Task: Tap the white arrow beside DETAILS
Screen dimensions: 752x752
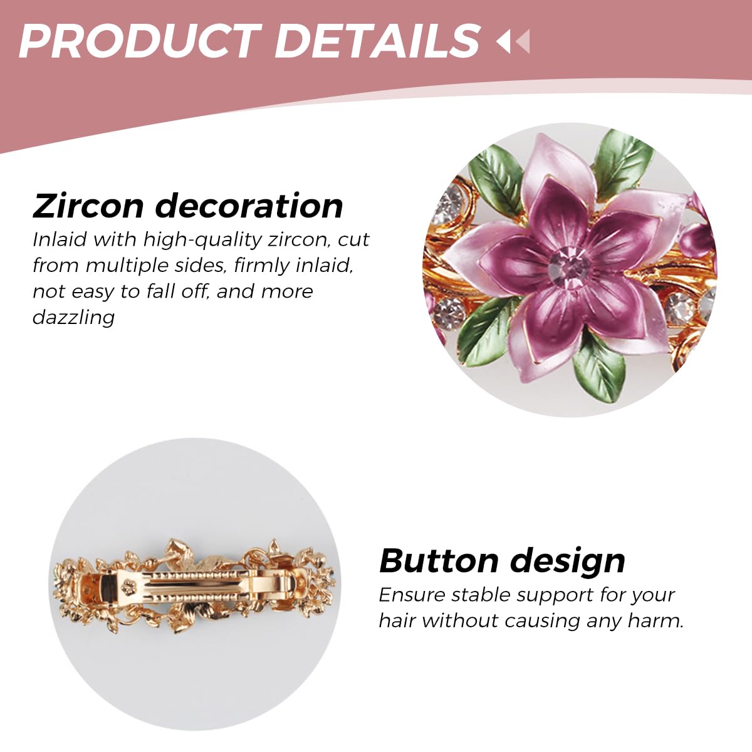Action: click(x=503, y=42)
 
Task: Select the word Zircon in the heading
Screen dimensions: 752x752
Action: click(x=88, y=206)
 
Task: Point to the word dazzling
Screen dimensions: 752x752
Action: click(x=73, y=317)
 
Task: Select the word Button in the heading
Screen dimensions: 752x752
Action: click(x=439, y=560)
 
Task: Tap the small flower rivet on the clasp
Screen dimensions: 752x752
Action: click(x=129, y=587)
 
